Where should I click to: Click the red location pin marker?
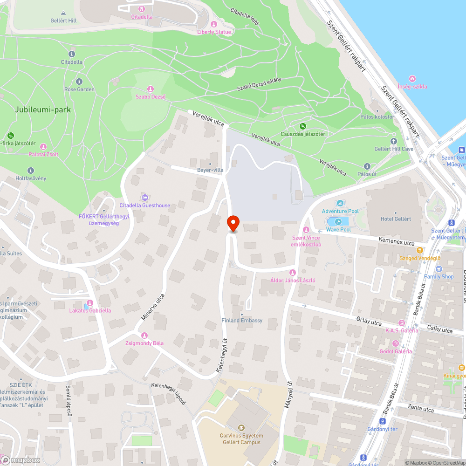[233, 223]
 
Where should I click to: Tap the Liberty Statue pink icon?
[214, 24]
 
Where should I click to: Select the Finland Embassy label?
[241, 321]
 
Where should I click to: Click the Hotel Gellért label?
[396, 219]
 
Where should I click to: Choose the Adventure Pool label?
[340, 211]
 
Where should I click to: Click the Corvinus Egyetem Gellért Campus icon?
[241, 427]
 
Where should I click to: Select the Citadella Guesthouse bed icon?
[144, 198]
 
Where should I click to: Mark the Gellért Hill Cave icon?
[394, 141]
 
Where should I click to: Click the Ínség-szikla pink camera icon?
[412, 79]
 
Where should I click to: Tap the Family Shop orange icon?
[439, 269]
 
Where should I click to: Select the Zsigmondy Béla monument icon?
[144, 336]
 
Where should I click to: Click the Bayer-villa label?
[210, 170]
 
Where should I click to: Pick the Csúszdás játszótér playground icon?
[302, 126]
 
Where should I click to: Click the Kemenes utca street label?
[396, 243]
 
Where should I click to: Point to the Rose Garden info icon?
[79, 82]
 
